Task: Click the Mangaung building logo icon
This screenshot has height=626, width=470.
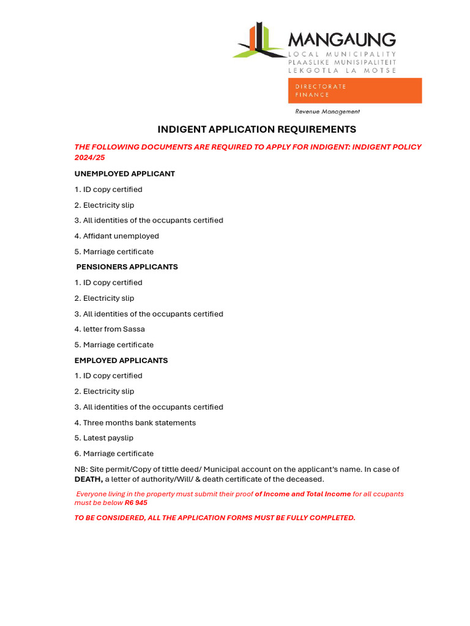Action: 258,42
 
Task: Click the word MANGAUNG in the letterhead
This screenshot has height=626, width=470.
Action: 341,40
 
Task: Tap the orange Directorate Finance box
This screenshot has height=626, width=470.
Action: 355,90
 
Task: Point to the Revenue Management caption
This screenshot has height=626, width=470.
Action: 327,112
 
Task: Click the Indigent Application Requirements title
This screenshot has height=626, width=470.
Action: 256,130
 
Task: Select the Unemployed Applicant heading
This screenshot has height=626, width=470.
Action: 124,174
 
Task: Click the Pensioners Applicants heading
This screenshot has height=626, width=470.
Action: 127,267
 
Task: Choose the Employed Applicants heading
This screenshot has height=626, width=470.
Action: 121,361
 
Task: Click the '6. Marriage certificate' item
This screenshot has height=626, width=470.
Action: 114,454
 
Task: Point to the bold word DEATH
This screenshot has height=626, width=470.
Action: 88,479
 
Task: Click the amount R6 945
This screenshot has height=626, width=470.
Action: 136,503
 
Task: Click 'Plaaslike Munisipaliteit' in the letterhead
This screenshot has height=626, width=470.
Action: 342,62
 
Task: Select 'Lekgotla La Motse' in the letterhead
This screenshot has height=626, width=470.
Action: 342,70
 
